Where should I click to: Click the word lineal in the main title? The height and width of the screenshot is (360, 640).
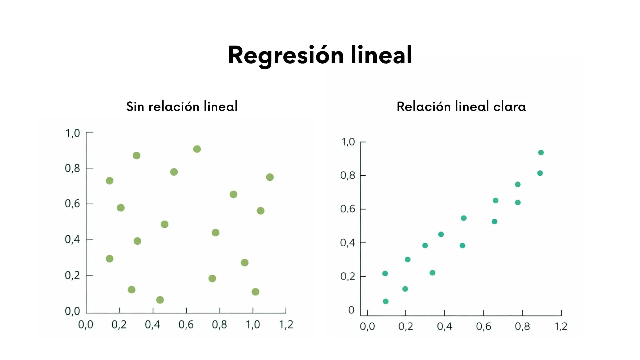pos(381,55)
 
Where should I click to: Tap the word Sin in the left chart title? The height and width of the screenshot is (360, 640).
pos(135,107)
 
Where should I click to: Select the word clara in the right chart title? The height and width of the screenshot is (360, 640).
pos(509,107)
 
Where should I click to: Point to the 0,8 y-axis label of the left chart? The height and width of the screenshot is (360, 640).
pos(72,168)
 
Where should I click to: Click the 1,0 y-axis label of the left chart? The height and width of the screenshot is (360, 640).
pos(72,133)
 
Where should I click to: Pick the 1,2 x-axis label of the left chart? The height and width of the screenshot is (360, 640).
pos(286,325)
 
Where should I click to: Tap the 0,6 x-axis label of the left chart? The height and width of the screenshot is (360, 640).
pos(186,325)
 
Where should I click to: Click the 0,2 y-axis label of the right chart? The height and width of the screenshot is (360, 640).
pos(348,277)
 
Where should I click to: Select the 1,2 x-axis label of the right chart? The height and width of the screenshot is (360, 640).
pos(561,326)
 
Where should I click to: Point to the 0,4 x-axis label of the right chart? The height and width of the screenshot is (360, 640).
pos(444,326)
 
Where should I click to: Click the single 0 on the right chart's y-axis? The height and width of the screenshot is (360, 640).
pos(351,310)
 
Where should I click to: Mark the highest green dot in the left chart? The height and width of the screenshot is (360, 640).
pos(197,149)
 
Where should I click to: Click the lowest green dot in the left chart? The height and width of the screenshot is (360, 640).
pos(160,300)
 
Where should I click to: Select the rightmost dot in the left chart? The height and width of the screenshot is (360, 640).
pos(270,177)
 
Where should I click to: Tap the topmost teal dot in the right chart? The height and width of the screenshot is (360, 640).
pos(541,153)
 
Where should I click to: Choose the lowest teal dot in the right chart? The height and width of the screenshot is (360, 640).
pos(386,301)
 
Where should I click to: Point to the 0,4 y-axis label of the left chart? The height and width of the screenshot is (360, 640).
pos(72,239)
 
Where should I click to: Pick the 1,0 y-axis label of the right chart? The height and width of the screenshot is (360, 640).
pos(348,142)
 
